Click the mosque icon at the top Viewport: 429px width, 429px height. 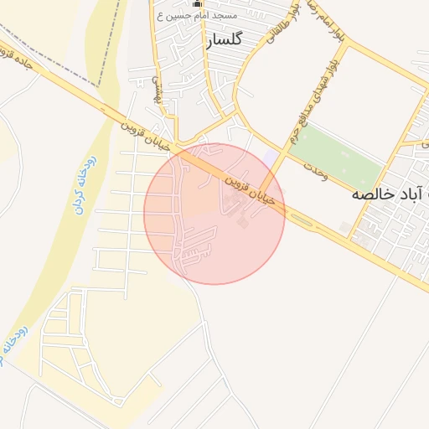coord(199,4)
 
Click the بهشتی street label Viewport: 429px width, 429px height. coord(156,87)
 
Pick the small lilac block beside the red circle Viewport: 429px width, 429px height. coord(270,159)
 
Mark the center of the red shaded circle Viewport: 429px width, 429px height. coord(214,214)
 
